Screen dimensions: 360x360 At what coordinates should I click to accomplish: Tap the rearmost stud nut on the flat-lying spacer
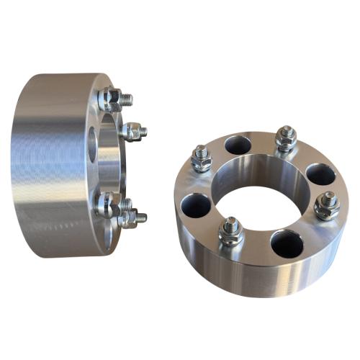(286, 138)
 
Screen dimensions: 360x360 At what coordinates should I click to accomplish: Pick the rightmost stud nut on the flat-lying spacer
(326, 206)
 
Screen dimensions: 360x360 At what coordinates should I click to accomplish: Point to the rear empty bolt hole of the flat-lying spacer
(238, 145)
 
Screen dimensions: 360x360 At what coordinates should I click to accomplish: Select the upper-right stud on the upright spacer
(133, 131)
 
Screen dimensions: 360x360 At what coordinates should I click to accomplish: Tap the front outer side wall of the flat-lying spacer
(238, 270)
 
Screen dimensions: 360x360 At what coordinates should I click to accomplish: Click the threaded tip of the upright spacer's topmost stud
(127, 96)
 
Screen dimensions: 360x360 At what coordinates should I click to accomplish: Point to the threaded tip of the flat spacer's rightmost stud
(328, 197)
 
